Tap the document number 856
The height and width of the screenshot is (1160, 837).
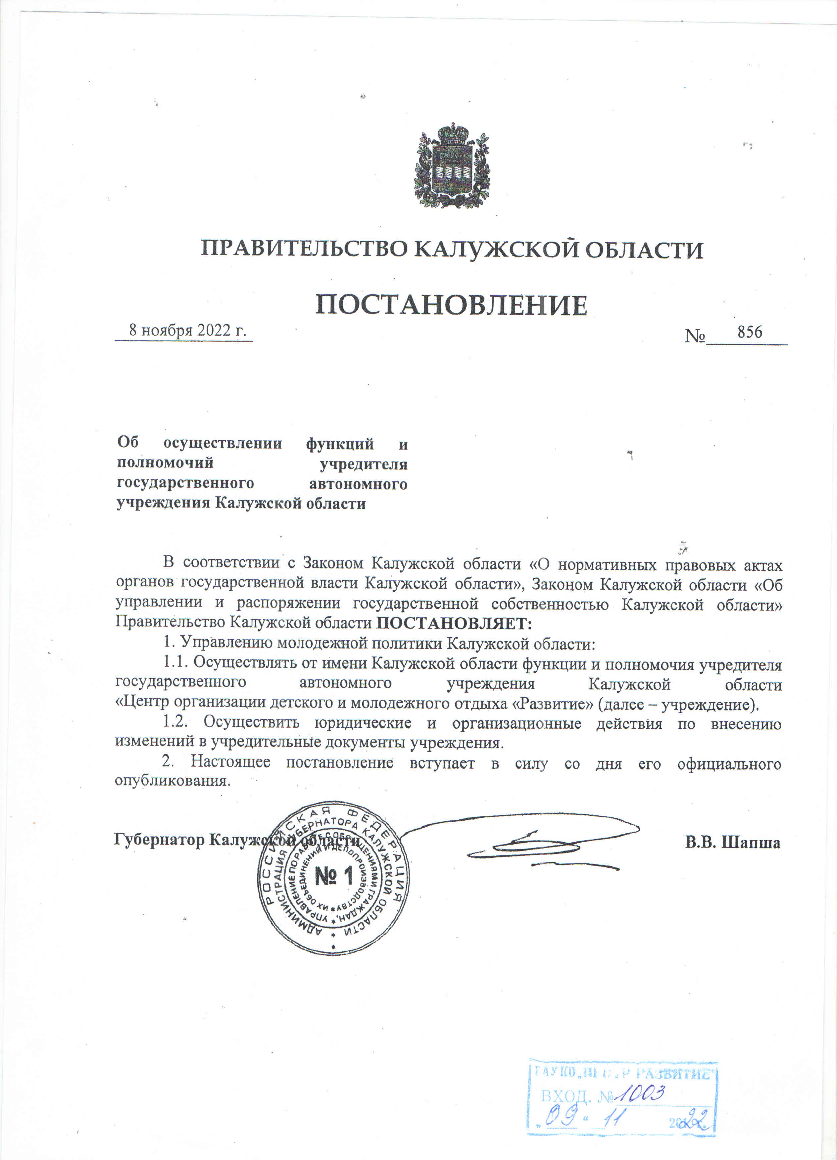(x=750, y=332)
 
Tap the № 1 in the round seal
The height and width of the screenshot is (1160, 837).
(x=334, y=877)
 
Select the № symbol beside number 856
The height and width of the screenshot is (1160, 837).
(x=695, y=336)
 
